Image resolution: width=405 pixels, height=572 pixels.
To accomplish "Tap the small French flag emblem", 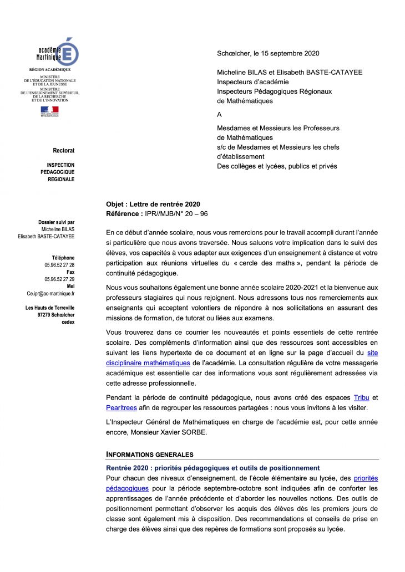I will coord(49,111).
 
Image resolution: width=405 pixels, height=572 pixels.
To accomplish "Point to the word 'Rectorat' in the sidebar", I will coord(63,151).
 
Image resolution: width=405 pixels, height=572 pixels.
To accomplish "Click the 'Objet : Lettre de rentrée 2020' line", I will coord(153,205).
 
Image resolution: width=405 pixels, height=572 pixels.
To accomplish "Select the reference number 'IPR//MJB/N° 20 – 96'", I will coord(176,213).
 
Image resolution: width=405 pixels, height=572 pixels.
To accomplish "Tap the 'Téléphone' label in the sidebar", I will coord(63,258).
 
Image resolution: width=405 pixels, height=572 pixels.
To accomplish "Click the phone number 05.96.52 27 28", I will coord(59,265).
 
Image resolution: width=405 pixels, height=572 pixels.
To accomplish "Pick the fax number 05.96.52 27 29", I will coord(59,279).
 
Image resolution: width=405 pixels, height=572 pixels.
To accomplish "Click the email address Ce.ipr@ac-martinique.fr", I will coord(50,293).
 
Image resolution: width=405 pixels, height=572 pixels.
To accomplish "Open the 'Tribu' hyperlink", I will coord(360,397).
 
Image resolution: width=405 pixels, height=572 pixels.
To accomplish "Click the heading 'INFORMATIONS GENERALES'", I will coord(150,454).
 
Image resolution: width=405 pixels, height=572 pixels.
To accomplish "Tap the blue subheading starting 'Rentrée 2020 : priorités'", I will coord(213,468).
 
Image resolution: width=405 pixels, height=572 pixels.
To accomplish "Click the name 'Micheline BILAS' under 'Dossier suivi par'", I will coord(58,229).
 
